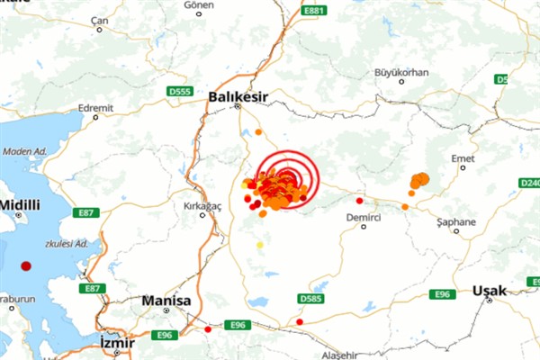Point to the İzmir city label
[x=117, y=343]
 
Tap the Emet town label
[x=463, y=158]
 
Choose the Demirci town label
[x=364, y=218]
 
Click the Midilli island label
[x=19, y=205]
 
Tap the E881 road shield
[x=313, y=11]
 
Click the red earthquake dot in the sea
[x=26, y=266]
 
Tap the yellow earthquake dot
[x=260, y=244]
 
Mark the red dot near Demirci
[x=359, y=201]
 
